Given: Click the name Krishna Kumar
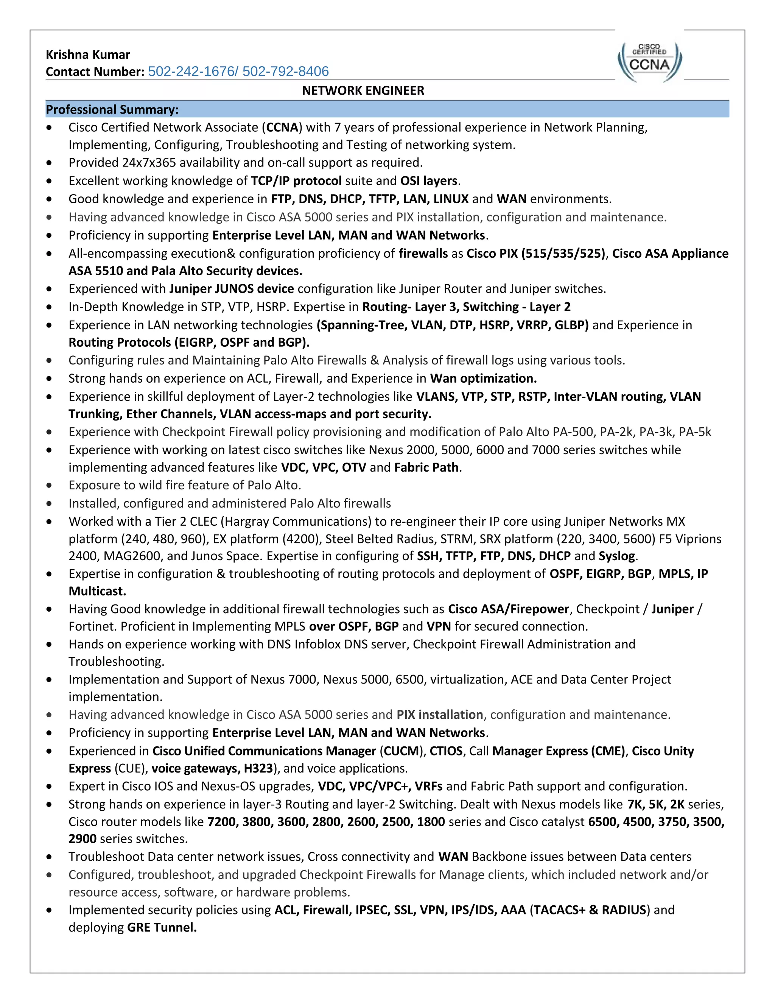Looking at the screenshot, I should pos(88,55).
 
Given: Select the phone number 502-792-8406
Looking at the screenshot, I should pos(286,72).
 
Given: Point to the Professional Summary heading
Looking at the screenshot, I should pos(112,110).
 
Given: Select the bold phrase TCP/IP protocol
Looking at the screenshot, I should pos(296,181).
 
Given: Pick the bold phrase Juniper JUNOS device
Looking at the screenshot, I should pos(231,289).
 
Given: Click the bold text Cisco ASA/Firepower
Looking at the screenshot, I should pos(508,609).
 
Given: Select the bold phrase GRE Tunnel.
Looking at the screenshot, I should pos(162,928).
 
